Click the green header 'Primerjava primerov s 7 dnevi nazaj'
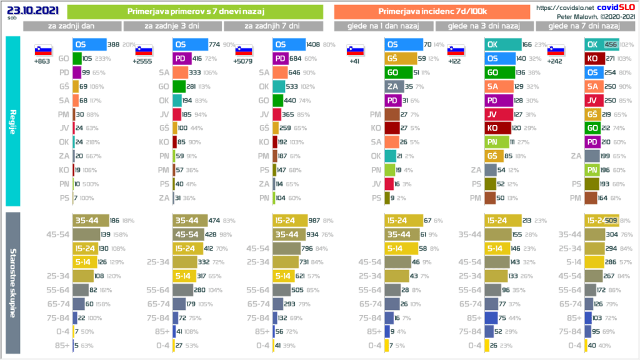194,11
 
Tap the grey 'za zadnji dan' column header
72,26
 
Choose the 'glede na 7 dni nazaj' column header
583,26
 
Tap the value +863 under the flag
42,61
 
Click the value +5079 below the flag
243,61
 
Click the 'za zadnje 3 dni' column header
172,26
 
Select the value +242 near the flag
554,61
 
